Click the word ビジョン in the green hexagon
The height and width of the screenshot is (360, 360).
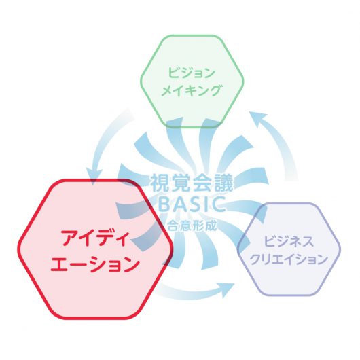click(192, 72)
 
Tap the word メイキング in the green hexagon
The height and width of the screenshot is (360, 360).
click(192, 90)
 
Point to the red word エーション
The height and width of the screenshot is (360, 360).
click(95, 264)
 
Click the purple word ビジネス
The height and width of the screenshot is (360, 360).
click(289, 241)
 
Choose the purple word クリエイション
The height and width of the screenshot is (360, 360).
click(289, 259)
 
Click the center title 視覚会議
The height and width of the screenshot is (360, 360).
click(192, 183)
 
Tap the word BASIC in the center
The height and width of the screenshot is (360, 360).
click(192, 204)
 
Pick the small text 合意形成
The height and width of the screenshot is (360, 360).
click(192, 226)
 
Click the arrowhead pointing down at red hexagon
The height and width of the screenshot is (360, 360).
click(94, 177)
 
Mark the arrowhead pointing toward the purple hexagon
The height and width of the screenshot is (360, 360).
click(226, 289)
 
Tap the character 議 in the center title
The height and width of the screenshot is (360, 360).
click(223, 183)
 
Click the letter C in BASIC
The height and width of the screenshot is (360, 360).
click(219, 204)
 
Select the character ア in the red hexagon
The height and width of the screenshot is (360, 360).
click(69, 238)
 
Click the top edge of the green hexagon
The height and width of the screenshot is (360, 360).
click(192, 36)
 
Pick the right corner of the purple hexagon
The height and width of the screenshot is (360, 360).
click(340, 249)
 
